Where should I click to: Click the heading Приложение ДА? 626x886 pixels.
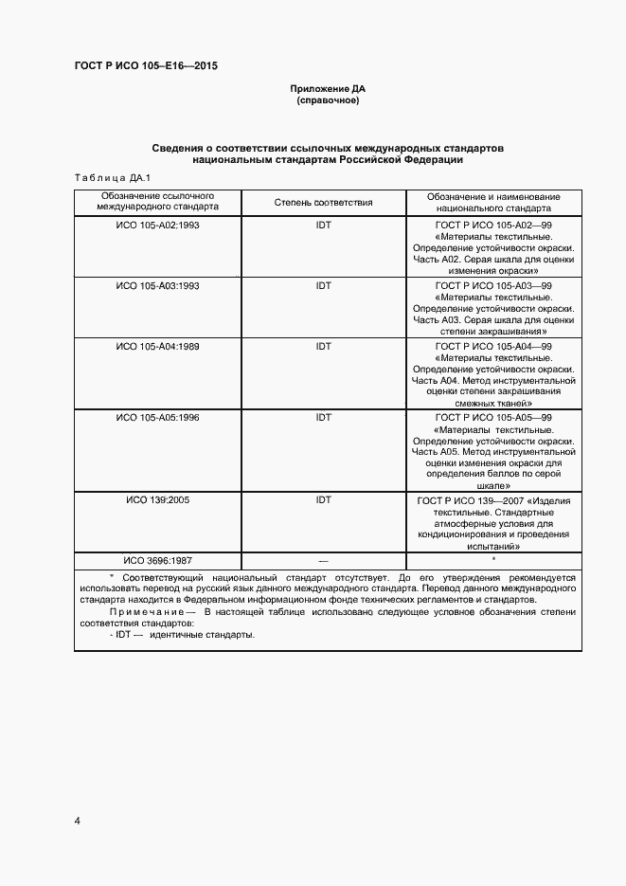click(328, 89)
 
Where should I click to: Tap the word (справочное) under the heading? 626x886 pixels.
click(328, 100)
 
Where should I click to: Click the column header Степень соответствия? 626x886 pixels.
click(324, 203)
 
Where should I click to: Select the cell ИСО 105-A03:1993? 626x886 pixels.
click(157, 285)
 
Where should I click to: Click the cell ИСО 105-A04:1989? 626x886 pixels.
click(157, 347)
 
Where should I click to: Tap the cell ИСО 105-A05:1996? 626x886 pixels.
click(157, 417)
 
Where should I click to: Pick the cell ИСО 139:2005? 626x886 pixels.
click(157, 498)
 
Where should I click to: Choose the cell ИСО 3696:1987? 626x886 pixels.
click(157, 559)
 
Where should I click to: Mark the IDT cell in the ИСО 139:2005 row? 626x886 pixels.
click(324, 498)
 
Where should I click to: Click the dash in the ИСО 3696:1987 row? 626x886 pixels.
click(324, 560)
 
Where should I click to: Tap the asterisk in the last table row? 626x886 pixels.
click(493, 559)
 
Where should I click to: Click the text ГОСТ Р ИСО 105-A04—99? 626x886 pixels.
click(493, 347)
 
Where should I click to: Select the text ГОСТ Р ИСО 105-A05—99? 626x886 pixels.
click(493, 417)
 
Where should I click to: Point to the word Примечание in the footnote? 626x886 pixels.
click(140, 612)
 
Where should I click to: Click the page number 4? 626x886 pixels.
click(76, 821)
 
